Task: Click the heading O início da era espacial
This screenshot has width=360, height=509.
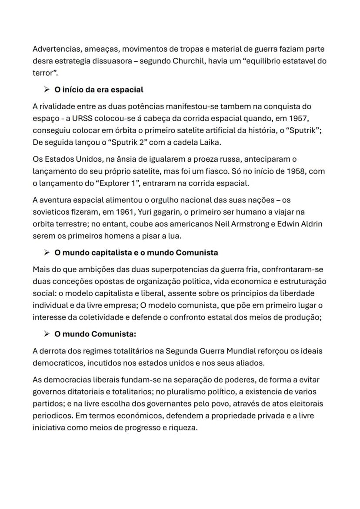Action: point(99,90)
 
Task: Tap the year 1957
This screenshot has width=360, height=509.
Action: point(297,118)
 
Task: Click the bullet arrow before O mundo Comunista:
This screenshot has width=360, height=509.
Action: point(47,334)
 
